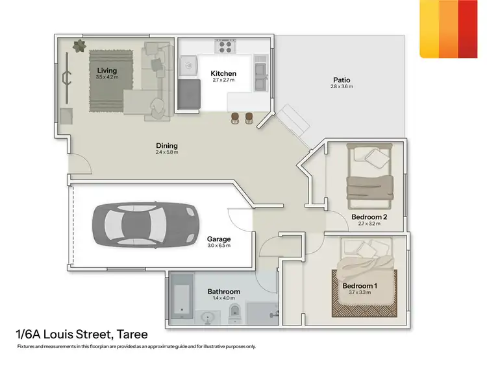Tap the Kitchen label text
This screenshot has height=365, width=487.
223,74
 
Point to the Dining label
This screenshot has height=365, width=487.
166,145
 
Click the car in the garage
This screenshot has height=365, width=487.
145,224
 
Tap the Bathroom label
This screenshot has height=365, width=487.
223,292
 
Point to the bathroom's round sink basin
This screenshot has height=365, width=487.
208,318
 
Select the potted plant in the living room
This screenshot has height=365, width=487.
79,46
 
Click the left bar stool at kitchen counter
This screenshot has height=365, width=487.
235,117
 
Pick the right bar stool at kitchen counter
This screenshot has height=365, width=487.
249,117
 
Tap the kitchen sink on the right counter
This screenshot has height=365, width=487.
261,73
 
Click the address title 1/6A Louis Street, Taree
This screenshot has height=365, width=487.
82,335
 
